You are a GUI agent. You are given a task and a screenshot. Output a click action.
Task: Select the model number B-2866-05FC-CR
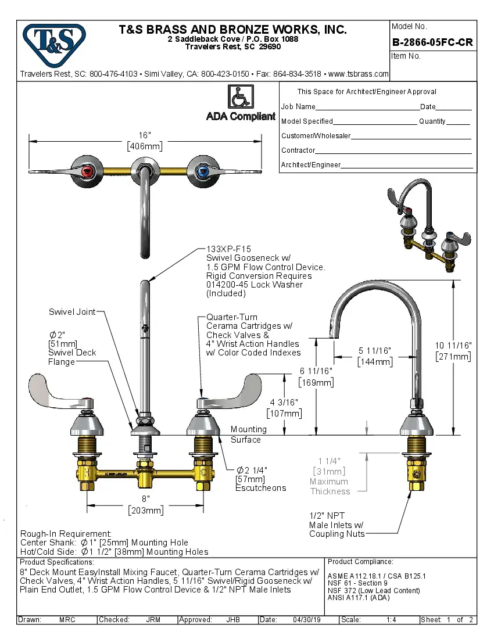pyautogui.click(x=432, y=42)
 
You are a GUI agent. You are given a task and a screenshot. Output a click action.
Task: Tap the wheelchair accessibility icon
pyautogui.click(x=239, y=96)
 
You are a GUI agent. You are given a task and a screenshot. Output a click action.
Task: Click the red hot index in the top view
pyautogui.click(x=88, y=171)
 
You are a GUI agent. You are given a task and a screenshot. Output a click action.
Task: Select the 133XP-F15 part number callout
pyautogui.click(x=225, y=248)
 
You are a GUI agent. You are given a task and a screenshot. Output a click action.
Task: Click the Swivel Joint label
pyautogui.click(x=71, y=312)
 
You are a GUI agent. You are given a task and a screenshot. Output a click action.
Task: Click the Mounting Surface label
pyautogui.click(x=248, y=435)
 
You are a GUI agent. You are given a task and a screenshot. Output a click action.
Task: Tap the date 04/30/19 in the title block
pyautogui.click(x=307, y=620)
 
